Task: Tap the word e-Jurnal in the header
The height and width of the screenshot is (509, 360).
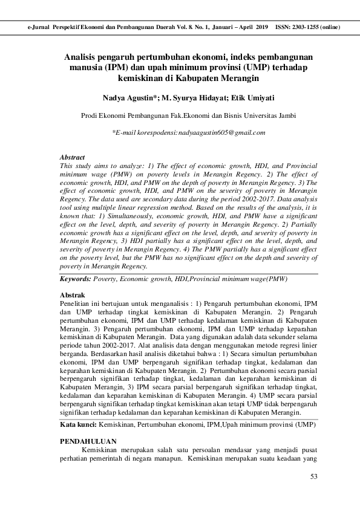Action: coord(39,27)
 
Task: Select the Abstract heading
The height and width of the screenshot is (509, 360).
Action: coord(72,157)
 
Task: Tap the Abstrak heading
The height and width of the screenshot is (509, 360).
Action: coord(72,294)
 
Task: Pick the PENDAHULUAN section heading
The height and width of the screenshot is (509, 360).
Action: coord(88,443)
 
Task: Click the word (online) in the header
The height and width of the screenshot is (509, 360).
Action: coord(330,27)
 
